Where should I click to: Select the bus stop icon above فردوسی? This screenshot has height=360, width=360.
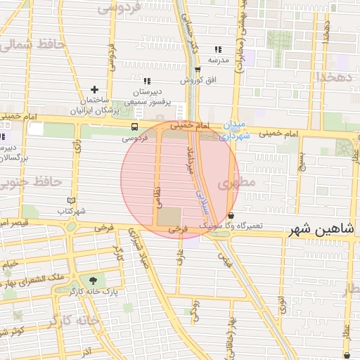(x=134, y=127)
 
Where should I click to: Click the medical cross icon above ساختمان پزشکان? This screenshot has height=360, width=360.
(x=94, y=90)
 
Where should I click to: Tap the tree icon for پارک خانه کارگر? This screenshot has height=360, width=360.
(x=92, y=280)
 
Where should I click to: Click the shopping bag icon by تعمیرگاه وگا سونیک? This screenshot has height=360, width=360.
(x=231, y=215)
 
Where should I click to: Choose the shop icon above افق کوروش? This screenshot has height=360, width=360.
(x=198, y=70)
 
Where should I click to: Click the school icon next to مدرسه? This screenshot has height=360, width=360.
(x=218, y=50)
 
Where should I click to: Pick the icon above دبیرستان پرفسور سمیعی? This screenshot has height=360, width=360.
(x=146, y=82)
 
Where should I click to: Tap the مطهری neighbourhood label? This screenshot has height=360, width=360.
(x=233, y=184)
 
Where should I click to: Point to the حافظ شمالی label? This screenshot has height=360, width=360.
(x=32, y=44)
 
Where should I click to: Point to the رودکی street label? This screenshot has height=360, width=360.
(x=195, y=310)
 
